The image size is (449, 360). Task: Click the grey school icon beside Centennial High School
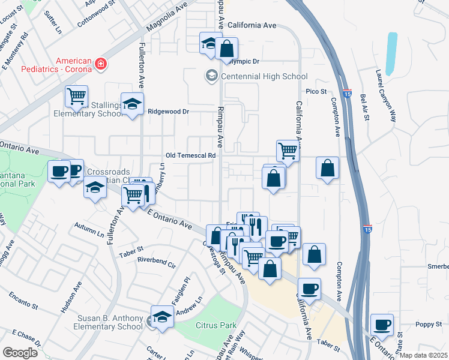(211, 76)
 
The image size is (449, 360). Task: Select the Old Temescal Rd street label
(191, 155)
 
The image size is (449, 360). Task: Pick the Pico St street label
(315, 92)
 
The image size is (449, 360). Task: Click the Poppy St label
(429, 325)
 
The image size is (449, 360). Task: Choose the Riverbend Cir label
(156, 262)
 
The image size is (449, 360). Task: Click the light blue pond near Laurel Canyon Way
(391, 53)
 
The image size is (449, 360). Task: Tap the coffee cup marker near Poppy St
(382, 325)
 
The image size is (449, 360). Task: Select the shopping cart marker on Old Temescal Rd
(288, 151)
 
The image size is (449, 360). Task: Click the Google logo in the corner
(20, 352)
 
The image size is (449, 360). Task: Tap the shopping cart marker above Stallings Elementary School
(77, 96)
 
